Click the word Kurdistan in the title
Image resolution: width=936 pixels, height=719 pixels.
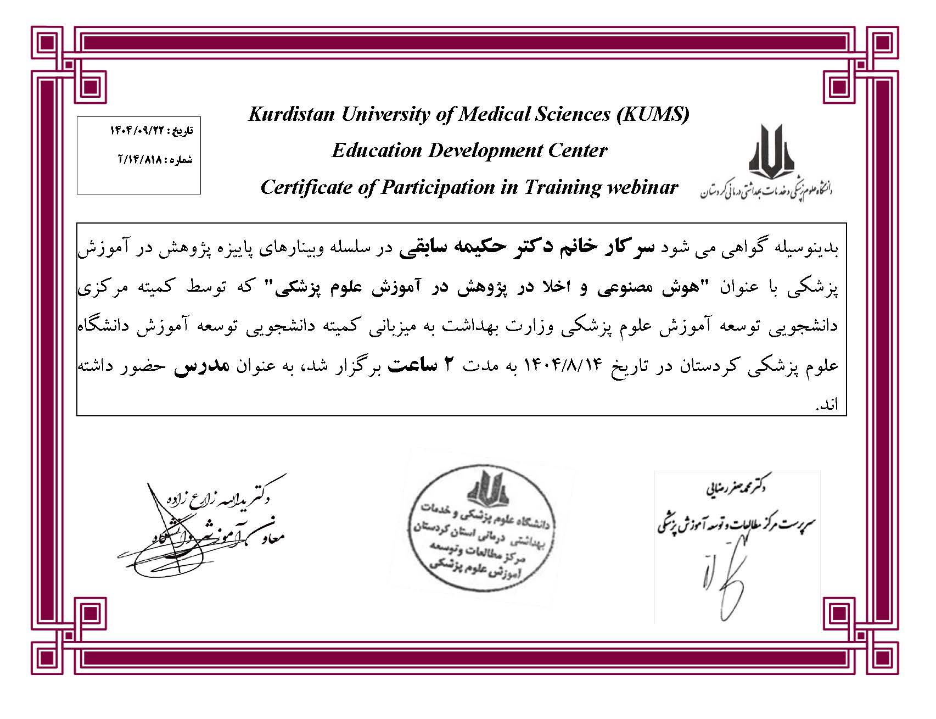pyautogui.click(x=292, y=114)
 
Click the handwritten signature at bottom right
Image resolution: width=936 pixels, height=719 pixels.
pyautogui.click(x=725, y=577)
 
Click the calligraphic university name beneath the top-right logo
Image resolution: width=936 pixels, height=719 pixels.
pyautogui.click(x=766, y=191)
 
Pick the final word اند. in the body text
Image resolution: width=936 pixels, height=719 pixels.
pyautogui.click(x=827, y=405)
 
